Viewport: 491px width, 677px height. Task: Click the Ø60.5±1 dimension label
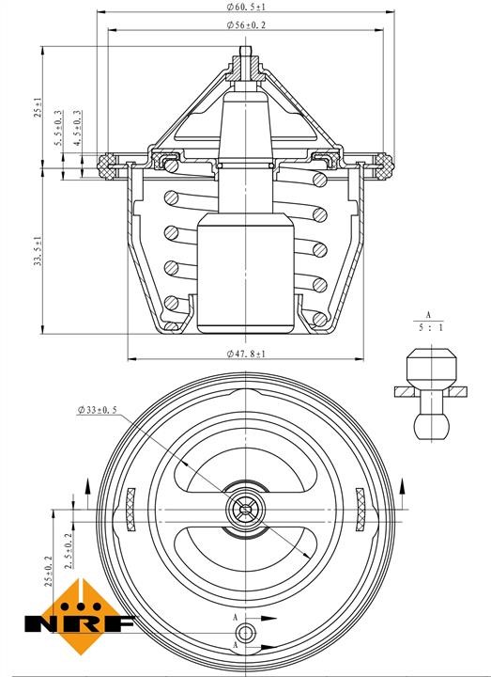click(x=246, y=7)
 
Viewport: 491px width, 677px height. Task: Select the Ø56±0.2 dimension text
click(x=246, y=25)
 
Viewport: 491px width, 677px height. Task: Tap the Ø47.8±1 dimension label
click(x=246, y=354)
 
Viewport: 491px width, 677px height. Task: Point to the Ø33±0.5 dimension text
click(x=98, y=410)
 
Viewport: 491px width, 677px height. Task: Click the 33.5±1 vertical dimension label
click(x=38, y=250)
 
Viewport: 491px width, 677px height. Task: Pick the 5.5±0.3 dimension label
click(x=59, y=128)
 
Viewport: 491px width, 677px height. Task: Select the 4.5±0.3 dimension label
click(x=77, y=128)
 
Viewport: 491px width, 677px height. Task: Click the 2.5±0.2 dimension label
click(x=69, y=550)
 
